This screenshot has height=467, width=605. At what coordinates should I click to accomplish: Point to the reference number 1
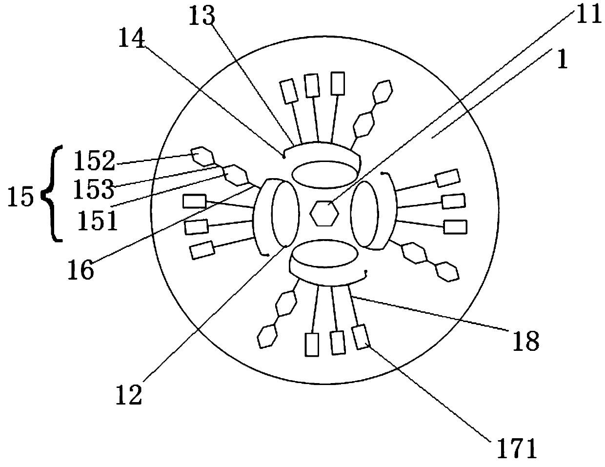pos(563,60)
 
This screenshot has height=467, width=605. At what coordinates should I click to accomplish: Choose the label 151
pos(98,221)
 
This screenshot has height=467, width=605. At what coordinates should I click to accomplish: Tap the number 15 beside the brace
pos(21,198)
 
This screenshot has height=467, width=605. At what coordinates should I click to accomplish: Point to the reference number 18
pos(526,340)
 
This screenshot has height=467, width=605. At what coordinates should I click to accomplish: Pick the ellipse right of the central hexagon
pos(364,215)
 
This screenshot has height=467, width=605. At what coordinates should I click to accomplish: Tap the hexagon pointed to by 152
pos(202,156)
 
